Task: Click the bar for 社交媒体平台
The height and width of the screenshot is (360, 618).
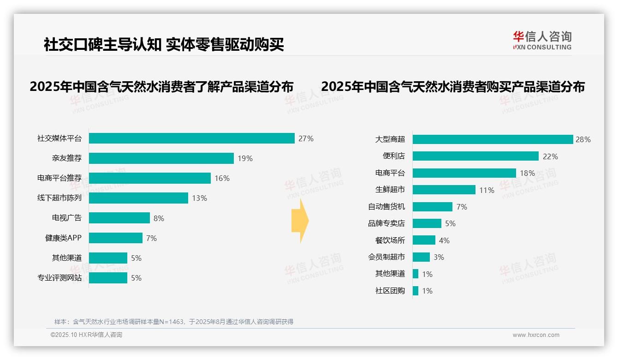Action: click(x=191, y=138)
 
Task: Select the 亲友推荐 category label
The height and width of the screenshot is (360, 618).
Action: click(x=66, y=158)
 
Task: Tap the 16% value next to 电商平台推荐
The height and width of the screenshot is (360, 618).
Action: click(x=222, y=178)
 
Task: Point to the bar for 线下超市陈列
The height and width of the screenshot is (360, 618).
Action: click(x=138, y=198)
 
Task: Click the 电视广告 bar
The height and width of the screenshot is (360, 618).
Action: click(x=119, y=218)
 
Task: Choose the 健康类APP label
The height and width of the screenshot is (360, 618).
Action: click(x=63, y=238)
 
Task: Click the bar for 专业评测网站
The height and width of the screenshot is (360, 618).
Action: click(x=108, y=278)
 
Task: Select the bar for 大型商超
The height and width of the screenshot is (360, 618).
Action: click(x=493, y=139)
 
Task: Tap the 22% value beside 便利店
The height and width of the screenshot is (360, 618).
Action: click(x=550, y=156)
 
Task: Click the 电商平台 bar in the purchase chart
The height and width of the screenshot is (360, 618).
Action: click(x=464, y=173)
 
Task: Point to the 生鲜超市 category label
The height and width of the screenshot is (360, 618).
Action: click(x=390, y=190)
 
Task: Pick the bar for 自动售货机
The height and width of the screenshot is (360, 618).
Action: click(x=432, y=207)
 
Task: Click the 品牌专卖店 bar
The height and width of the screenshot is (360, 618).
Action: click(x=427, y=223)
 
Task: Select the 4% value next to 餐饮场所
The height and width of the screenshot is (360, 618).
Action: click(x=444, y=240)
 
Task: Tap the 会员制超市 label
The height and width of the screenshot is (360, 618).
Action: click(x=386, y=257)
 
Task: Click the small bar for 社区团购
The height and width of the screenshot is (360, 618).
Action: click(x=416, y=291)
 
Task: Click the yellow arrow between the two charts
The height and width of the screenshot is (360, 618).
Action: click(x=300, y=221)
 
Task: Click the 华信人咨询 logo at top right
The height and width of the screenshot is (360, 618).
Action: click(x=542, y=40)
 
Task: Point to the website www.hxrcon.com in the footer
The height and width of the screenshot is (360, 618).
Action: click(x=535, y=335)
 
